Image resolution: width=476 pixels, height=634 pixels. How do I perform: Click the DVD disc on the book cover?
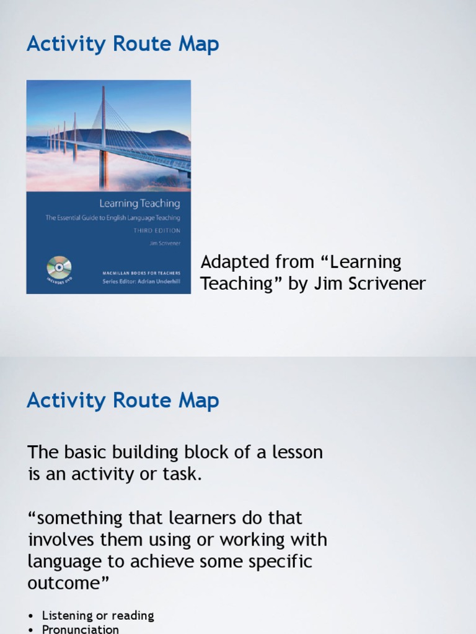point(59,267)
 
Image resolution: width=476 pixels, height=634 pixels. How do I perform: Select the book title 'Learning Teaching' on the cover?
point(139,203)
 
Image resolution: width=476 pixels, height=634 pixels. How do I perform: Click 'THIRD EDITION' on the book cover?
point(157,230)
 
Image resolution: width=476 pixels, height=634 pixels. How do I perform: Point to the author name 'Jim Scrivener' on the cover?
point(165,243)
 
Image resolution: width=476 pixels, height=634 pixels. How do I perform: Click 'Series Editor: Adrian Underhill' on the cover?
point(141,282)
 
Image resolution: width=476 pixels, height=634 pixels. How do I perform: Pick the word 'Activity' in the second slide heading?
point(64,401)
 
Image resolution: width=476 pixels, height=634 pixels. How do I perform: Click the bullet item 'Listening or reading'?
point(98,615)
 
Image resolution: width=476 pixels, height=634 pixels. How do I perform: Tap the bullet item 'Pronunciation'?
point(81,629)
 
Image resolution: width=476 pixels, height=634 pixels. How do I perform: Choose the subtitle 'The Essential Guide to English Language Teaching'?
point(113,218)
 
